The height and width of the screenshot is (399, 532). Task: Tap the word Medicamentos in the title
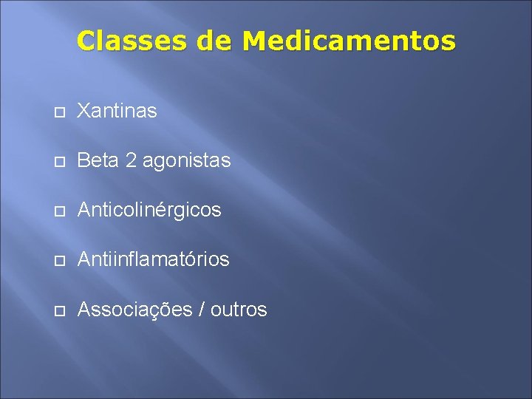pos(349,41)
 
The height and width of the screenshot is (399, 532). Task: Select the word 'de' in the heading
pos(215,41)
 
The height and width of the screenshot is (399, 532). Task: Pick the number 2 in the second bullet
pos(131,160)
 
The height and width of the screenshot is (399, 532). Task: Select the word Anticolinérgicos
pos(149,211)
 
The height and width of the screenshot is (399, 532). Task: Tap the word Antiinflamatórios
pos(153,260)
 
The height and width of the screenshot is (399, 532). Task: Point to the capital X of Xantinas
pos(83,112)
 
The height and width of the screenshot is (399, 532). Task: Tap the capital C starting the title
pos(86,41)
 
